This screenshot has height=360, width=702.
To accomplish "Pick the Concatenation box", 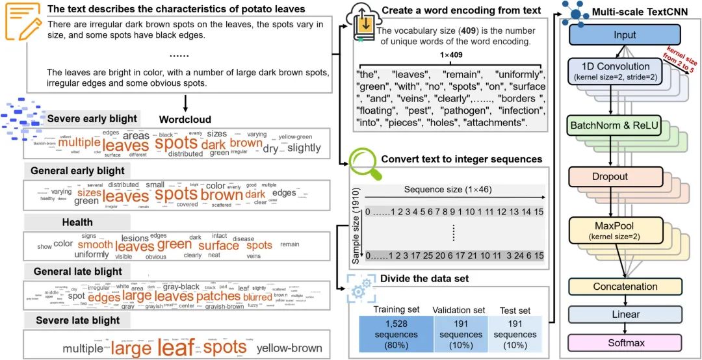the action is coord(625,287).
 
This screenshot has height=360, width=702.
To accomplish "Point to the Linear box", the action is coord(625,315).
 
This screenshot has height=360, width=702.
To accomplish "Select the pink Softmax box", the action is coord(625,341).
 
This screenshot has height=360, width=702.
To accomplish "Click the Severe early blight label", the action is coord(92,119).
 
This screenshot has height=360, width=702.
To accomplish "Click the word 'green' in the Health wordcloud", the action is coord(174,245).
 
